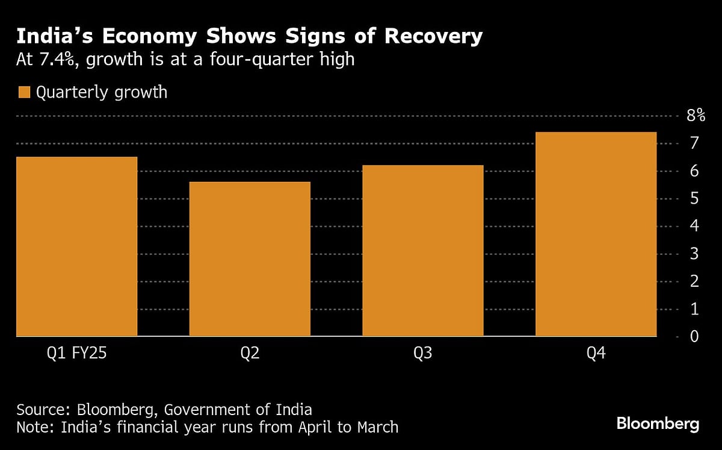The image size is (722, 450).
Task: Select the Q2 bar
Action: click(250, 258)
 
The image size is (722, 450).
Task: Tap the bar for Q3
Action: click(422, 250)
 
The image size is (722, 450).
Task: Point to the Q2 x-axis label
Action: click(250, 354)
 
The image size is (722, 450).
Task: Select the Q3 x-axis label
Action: click(422, 354)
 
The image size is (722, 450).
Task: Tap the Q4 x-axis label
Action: click(596, 354)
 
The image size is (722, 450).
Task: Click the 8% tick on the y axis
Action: click(696, 116)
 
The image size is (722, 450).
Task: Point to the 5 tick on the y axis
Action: click(694, 198)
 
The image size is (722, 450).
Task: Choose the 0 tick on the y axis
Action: click(694, 336)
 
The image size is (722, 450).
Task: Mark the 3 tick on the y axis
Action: click(694, 254)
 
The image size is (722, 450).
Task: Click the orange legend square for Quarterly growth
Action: click(24, 92)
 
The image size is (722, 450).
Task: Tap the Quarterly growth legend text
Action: click(101, 93)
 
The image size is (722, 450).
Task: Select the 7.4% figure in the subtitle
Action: click(58, 61)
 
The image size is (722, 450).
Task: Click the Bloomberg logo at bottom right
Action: click(658, 423)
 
